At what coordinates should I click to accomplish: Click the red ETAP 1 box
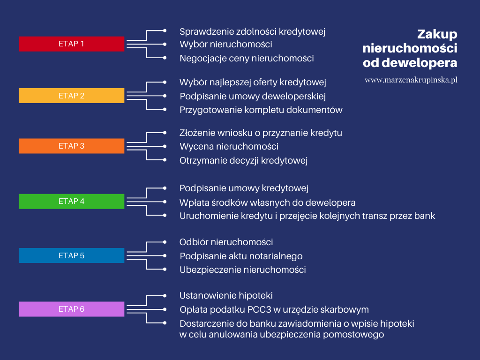71,44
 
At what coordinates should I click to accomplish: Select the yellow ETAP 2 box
71,96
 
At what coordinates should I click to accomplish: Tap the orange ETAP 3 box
71,146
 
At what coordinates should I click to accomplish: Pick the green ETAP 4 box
71,201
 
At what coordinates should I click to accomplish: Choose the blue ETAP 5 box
71,255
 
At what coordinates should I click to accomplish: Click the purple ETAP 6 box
71,309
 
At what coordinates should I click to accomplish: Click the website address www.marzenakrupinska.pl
411,80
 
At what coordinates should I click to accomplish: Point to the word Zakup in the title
437,34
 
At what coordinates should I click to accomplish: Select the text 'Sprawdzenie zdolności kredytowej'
252,31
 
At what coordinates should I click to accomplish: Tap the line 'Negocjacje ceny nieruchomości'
247,58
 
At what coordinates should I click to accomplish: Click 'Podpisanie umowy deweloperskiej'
253,96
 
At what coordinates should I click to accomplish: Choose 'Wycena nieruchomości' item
229,146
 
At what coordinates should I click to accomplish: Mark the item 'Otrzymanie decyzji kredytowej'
243,160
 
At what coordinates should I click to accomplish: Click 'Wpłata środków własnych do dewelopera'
267,202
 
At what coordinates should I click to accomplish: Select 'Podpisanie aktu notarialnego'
241,256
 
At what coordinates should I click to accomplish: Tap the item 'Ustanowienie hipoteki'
226,295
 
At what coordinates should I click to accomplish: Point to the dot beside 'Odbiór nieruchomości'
165,242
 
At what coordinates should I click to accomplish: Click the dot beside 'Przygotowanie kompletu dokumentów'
165,109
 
